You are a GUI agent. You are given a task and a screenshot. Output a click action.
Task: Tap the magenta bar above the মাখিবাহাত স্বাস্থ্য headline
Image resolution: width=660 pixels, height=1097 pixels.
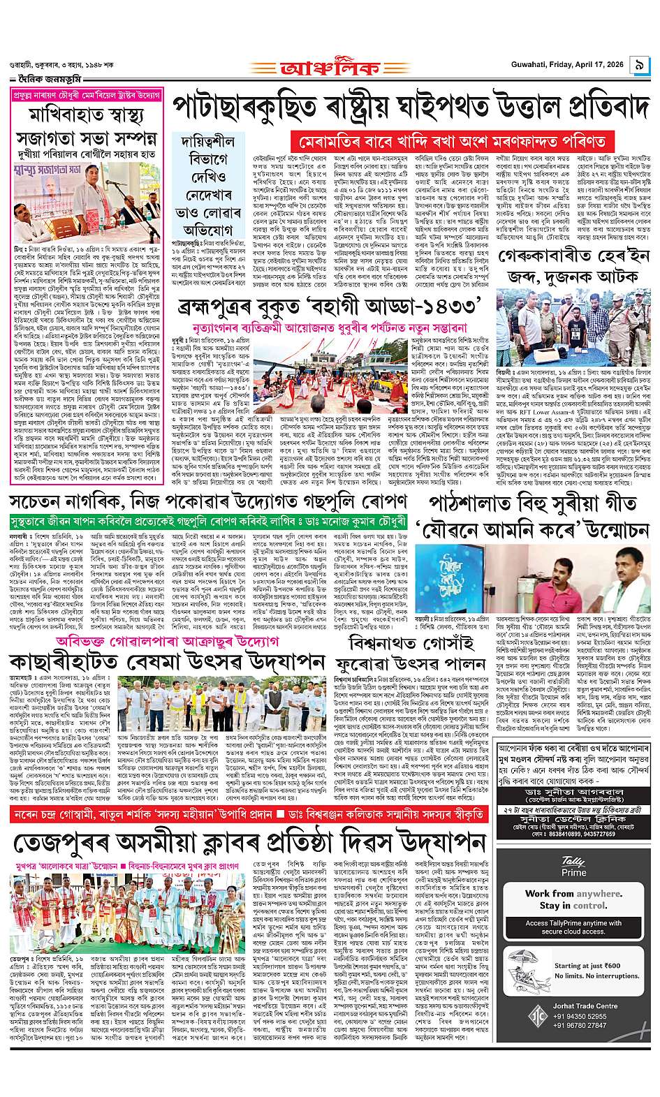[x=88, y=94]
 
